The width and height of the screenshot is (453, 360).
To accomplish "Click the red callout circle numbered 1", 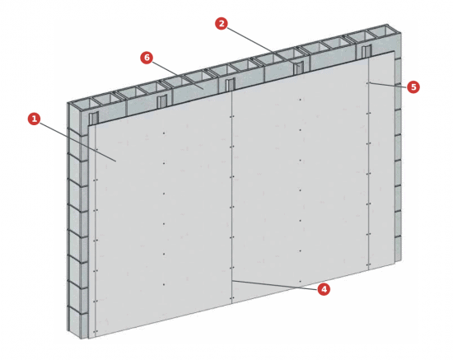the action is tap(34, 119).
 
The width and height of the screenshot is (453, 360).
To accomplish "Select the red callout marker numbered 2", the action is tap(222, 23).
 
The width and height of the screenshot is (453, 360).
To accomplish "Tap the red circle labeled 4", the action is tap(324, 289).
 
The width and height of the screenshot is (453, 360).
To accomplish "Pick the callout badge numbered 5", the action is tap(413, 87).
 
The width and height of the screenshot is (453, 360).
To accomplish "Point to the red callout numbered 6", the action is tap(147, 58).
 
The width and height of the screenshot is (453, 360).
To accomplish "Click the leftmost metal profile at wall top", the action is tap(94, 119).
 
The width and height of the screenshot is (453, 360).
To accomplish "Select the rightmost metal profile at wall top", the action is tap(367, 52).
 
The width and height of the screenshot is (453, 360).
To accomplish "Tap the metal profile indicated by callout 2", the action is tap(298, 68).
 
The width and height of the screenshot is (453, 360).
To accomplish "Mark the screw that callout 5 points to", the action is tap(368, 83).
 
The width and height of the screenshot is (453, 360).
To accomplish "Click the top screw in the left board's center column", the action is tap(164, 133).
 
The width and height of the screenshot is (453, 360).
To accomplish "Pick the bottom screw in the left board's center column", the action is tap(164, 284).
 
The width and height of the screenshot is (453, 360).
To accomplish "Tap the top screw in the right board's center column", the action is tap(300, 100).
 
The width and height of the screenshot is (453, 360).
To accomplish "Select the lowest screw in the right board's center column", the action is tap(300, 281).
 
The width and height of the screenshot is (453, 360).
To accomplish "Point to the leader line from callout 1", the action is tap(78, 143).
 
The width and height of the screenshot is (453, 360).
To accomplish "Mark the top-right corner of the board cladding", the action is tap(394, 51).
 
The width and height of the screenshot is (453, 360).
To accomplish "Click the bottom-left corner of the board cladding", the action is tap(89, 338).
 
